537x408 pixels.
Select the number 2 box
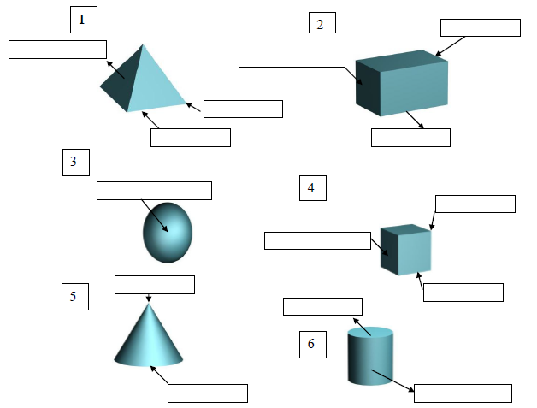[x=322, y=23]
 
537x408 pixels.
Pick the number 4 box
[x=312, y=188]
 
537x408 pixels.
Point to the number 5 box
[x=74, y=297]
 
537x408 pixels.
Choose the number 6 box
[x=312, y=344]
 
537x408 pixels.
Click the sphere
[x=168, y=232]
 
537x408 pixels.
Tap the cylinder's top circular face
[x=370, y=332]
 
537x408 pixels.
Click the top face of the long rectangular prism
[x=398, y=61]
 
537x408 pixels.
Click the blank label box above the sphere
[x=154, y=190]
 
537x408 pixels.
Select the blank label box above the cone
[x=155, y=284]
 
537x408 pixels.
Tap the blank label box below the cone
[x=207, y=393]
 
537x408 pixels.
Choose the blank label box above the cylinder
[x=322, y=306]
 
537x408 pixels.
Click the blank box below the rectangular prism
[x=410, y=138]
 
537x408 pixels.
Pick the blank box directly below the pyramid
[x=191, y=138]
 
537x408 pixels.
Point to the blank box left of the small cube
[x=316, y=240]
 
